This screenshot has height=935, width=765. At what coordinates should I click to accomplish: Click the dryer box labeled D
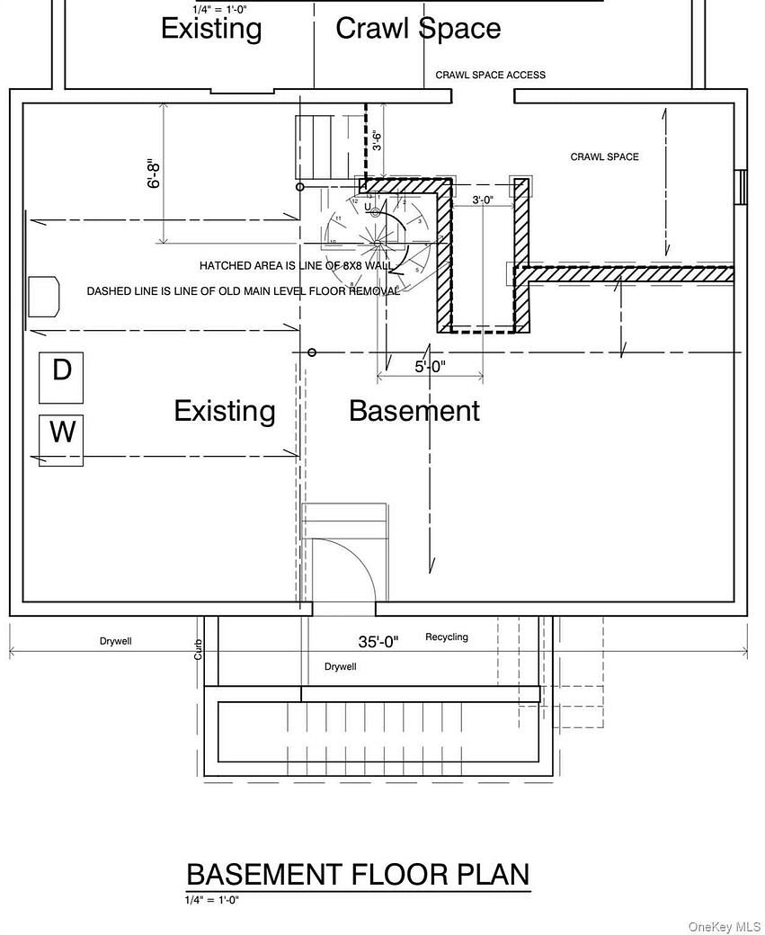62,377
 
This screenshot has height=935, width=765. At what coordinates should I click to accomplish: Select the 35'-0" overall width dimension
378,641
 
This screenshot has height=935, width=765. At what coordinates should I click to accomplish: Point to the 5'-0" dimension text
430,367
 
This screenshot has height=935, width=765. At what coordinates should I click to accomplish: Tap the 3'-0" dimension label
483,200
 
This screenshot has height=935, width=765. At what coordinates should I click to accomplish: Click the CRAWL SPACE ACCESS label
490,75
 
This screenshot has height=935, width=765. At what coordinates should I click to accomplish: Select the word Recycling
447,637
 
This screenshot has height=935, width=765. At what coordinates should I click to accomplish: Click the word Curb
199,649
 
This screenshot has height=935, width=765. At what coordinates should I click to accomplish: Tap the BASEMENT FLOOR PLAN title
358,874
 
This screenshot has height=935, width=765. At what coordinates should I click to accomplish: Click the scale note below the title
212,900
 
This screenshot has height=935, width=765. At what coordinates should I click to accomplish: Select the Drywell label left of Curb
116,642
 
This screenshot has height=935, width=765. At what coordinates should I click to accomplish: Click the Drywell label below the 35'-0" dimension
341,667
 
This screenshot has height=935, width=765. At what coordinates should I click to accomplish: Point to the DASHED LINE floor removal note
243,291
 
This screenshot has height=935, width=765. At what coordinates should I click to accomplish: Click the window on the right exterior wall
741,187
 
